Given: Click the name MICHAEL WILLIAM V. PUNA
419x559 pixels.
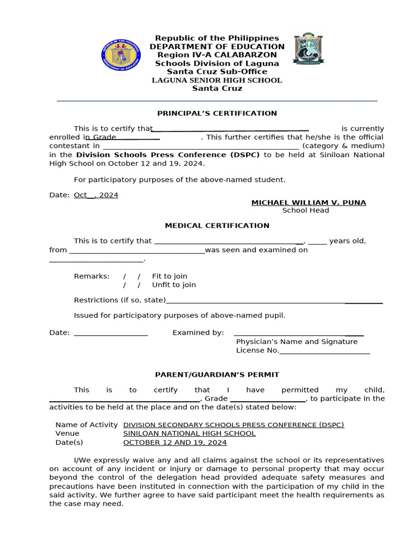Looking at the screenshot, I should pos(308,203).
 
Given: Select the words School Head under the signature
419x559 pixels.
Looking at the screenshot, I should pos(306,211).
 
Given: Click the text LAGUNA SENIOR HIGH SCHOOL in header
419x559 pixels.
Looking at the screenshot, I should pos(217,80).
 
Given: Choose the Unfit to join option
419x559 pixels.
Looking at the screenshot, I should pos(173,285).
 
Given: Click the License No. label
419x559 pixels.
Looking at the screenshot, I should pos(258,350).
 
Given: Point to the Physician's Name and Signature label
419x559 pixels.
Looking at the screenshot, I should pos(297,342).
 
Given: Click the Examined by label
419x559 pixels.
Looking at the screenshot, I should pos(198,332).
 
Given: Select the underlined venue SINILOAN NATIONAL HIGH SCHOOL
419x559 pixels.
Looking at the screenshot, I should pos(189,433).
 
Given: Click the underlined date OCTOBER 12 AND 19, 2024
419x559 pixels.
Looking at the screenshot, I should pos(175,442).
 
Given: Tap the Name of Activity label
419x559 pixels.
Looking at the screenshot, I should pos(86,425).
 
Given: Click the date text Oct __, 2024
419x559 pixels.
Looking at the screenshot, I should pos(96,195).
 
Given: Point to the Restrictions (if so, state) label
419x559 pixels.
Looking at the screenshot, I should pos(119,300).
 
